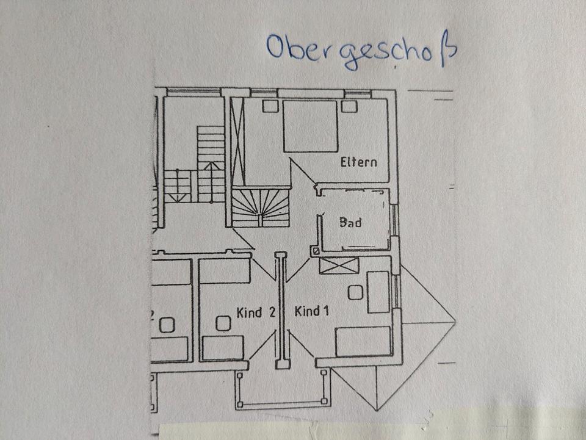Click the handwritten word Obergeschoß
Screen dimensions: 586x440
click(x=361, y=50)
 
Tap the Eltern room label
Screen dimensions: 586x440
click(x=358, y=162)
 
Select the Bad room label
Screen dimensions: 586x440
click(x=350, y=222)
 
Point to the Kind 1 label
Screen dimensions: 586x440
click(x=312, y=312)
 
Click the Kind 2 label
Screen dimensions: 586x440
click(x=256, y=312)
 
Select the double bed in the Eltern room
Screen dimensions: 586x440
click(x=310, y=126)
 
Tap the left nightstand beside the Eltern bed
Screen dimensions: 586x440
click(x=269, y=106)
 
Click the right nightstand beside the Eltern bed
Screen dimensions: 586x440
click(x=349, y=106)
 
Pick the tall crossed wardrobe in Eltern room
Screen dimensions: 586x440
click(x=237, y=140)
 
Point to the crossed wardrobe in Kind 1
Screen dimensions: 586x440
click(x=339, y=265)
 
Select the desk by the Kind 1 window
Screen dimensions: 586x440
click(x=378, y=292)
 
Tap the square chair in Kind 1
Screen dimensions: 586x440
click(x=355, y=292)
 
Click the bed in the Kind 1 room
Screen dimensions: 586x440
click(x=363, y=341)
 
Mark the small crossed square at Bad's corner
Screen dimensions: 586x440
click(x=315, y=250)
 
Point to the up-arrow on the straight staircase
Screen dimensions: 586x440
click(x=211, y=167)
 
